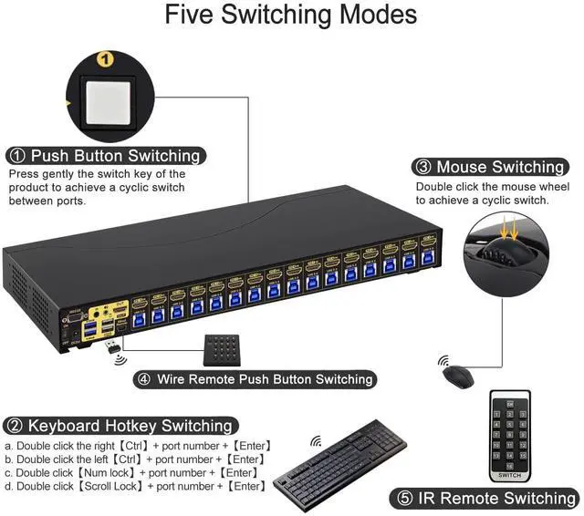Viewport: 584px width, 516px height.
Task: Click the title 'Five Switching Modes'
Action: pos(291,15)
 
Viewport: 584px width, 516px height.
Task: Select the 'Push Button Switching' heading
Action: pos(114,155)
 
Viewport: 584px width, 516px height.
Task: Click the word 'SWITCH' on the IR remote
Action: pos(510,475)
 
